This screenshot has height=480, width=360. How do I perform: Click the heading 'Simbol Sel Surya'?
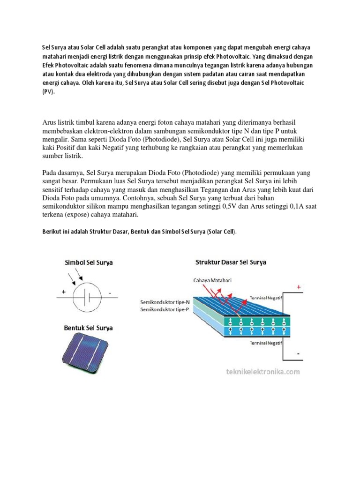[88, 262]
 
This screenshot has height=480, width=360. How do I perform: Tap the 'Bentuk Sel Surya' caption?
[88, 328]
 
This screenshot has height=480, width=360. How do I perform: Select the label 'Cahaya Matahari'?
[211, 280]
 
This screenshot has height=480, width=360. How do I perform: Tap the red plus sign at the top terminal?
[299, 286]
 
